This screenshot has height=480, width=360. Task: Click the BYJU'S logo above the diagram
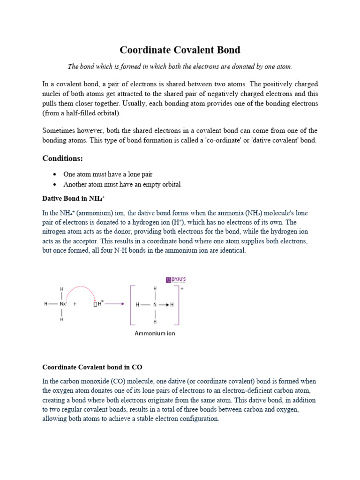pyautogui.click(x=176, y=280)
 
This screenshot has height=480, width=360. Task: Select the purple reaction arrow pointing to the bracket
pyautogui.click(x=114, y=304)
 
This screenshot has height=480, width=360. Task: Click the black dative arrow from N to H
pyautogui.click(x=163, y=305)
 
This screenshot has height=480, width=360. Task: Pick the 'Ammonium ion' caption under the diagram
pyautogui.click(x=155, y=334)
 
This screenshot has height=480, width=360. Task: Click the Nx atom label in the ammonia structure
pyautogui.click(x=62, y=304)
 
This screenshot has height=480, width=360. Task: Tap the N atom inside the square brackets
pyautogui.click(x=155, y=305)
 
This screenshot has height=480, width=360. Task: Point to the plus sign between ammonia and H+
pyautogui.click(x=75, y=304)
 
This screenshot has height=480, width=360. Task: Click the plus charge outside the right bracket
pyautogui.click(x=181, y=289)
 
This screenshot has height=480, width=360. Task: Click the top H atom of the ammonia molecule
pyautogui.click(x=61, y=290)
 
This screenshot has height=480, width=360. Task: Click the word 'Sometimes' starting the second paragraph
pyautogui.click(x=59, y=130)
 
